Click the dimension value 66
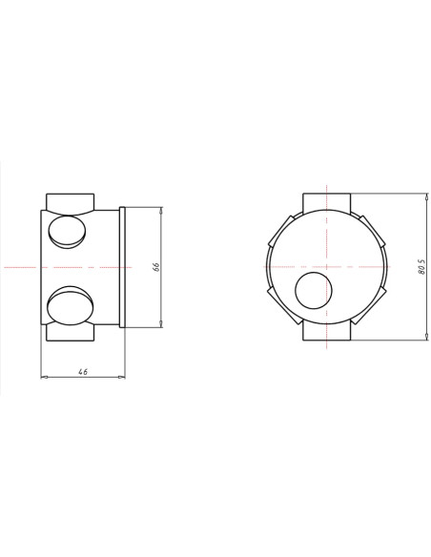pyautogui.click(x=155, y=268)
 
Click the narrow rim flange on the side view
pyautogui.click(x=122, y=267)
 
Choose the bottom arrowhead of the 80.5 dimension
pyautogui.click(x=425, y=338)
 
